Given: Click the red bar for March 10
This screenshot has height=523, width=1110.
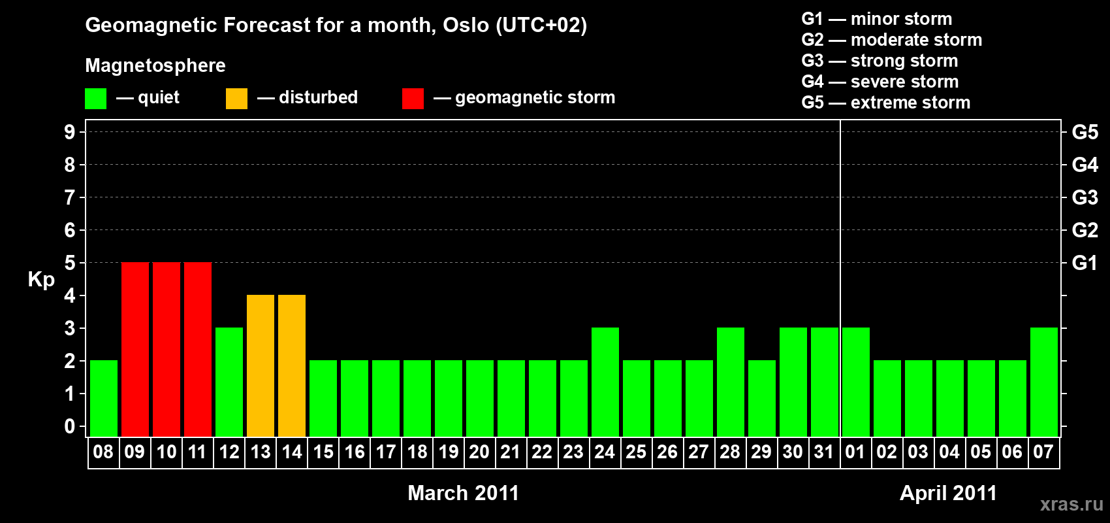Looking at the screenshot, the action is pos(166,349).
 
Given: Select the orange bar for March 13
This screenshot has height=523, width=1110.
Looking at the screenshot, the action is pos(261,365).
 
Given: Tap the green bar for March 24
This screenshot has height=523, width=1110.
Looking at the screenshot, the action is pos(605,382).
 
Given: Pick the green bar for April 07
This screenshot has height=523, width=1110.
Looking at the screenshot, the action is pos(1044,382).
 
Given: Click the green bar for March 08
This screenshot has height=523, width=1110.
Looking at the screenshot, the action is pos(104,398).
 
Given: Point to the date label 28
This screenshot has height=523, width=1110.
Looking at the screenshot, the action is pos(730,452).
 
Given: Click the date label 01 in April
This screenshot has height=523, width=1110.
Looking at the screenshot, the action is pos(855,452).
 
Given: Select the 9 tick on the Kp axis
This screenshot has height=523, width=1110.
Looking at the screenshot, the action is pos(69,132).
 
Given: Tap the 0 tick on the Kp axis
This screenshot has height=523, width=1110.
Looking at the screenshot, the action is pos(69,426).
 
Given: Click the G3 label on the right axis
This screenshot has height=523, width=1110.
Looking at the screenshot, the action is pos(1085,197).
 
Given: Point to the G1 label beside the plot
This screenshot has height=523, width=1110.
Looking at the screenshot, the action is pos(1085,263).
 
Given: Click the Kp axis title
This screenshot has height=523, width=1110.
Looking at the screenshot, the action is pos(41,280).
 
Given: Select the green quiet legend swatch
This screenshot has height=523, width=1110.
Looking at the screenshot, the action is pos(95,98).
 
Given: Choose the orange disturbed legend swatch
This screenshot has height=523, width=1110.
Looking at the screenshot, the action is pos(236,98).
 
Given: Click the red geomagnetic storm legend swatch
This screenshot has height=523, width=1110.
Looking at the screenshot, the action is pos(413,98).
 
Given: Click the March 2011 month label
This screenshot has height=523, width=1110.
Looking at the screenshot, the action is pos(464,493).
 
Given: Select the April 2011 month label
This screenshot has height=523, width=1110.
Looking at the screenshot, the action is pos(948,493).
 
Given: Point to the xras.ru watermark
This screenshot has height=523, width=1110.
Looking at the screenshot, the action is pos(1071,505).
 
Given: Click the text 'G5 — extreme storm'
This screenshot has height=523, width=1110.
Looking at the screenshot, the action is pos(886,103).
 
